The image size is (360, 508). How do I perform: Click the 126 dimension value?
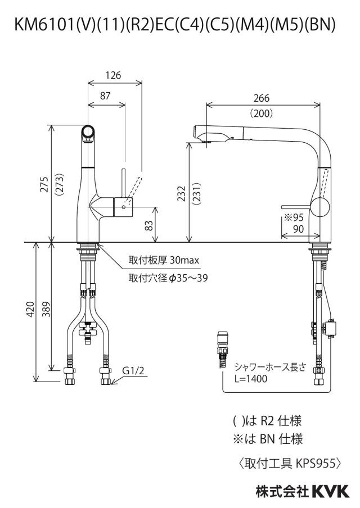tap(113, 75)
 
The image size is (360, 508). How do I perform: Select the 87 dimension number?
tap(105, 96)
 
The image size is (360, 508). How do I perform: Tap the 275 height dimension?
tap(44, 184)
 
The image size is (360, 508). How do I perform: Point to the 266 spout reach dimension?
tap(262, 98)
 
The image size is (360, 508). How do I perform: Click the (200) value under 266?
tap(262, 114)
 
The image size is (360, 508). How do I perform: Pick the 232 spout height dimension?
tap(182, 193)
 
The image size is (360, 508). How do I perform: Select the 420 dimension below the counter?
tap(30, 309)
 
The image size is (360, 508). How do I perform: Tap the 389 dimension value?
tap(47, 309)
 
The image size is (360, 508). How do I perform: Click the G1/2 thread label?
tap(133, 370)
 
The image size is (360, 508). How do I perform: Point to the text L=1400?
tap(251, 379)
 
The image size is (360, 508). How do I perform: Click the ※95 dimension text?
tap(294, 217)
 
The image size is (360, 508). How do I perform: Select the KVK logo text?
tap(331, 492)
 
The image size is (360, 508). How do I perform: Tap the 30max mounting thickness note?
tap(184, 260)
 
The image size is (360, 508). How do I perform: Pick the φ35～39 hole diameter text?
tap(188, 278)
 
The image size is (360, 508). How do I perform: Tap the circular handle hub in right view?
tap(320, 206)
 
